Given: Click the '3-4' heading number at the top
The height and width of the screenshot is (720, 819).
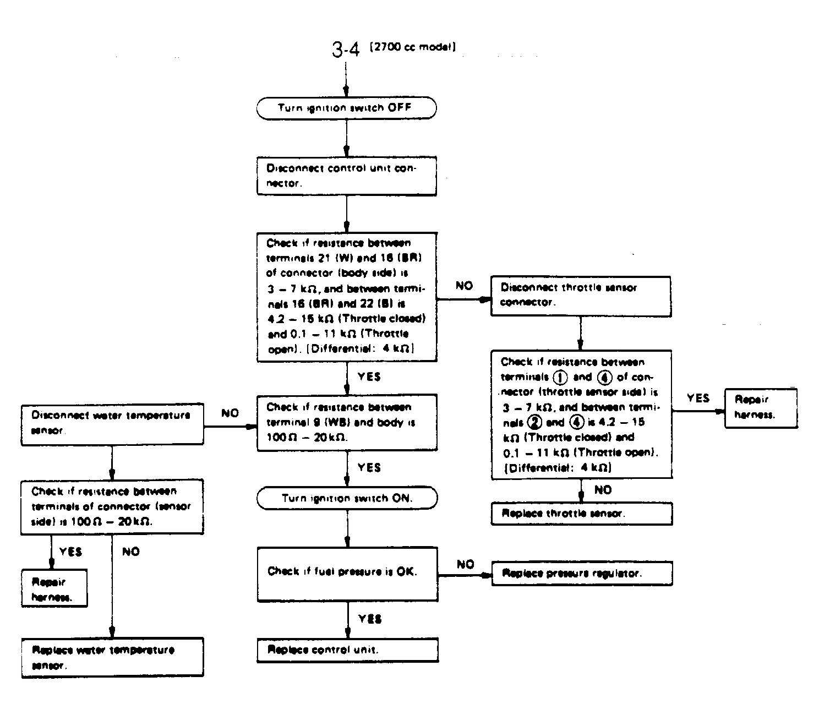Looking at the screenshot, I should coord(346,50).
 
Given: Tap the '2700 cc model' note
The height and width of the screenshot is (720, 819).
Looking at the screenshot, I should coord(413,47).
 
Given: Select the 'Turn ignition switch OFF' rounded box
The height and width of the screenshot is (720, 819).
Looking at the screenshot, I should coord(346,108).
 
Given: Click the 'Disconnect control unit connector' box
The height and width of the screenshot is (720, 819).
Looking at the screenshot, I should coord(346,176).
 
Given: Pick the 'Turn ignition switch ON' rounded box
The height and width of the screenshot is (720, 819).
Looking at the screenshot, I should coord(347,498).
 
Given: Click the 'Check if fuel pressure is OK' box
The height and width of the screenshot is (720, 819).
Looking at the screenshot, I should coord(347,573).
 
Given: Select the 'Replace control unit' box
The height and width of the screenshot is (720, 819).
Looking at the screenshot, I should coord(347,650).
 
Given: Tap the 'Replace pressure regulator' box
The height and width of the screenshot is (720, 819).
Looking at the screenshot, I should coord(581,574).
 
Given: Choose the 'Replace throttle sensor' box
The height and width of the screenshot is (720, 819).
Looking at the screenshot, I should coord(581,514).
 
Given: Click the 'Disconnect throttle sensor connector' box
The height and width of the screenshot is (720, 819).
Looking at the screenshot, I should coord(580,296).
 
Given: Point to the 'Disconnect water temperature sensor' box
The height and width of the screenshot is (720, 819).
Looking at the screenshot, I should coord(112,424).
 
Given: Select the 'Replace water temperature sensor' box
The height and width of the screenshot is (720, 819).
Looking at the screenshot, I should coord(112,657).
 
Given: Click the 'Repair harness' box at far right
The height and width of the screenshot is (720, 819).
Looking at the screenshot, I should coord(761,407).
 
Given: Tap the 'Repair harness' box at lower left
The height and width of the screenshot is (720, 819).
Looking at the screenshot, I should coord(54,589).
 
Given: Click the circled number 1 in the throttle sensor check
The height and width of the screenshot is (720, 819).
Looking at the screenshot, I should coord(560,378).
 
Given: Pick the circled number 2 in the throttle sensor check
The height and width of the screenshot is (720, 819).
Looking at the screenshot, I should coord(534,423).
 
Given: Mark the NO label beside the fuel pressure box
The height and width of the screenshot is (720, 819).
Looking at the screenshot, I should coord(465,564).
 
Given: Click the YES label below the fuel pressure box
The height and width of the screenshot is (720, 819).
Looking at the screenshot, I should coord(369,619).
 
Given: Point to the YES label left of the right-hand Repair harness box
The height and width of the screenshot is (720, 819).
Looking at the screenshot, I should coord(698,398).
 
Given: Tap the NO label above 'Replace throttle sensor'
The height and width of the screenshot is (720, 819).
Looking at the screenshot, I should coord(603,490).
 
